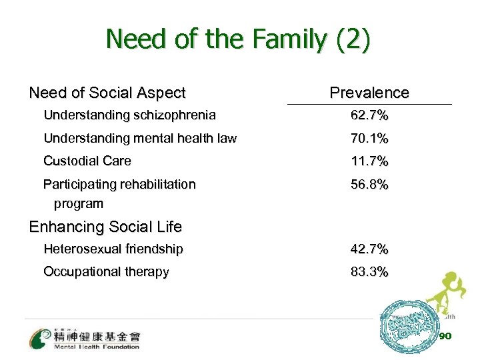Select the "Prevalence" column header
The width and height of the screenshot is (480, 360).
point(369,93)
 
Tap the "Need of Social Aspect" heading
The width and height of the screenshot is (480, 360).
point(107,93)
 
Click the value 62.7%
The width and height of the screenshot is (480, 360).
point(370,116)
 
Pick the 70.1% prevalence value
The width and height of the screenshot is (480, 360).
point(370,139)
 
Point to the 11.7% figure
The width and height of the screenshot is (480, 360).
point(370,161)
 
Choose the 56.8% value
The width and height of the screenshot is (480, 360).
point(370,184)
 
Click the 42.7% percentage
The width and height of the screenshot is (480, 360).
point(370,249)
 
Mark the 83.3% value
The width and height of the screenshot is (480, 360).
point(370,272)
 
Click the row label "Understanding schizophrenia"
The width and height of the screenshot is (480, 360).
point(129,115)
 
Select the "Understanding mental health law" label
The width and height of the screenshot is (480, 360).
point(140,139)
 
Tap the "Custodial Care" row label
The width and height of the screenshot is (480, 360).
point(87,161)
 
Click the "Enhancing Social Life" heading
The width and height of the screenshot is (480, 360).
point(105,227)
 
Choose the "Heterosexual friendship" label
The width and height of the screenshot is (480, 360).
point(113,249)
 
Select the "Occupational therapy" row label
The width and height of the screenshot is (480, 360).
point(106,272)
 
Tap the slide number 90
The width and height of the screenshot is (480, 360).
point(446,336)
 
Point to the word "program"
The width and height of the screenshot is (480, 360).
point(79,203)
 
